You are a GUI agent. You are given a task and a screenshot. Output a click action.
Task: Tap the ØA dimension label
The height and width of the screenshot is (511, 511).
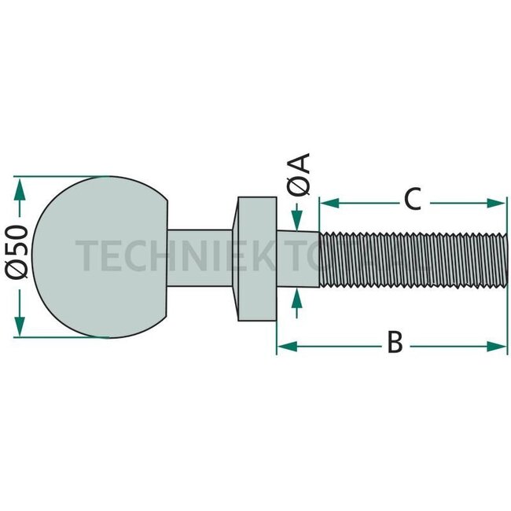(300, 174)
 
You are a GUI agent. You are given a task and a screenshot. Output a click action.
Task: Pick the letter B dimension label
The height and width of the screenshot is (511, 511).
(395, 344)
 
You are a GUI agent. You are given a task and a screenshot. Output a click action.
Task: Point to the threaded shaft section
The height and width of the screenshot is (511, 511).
(413, 257)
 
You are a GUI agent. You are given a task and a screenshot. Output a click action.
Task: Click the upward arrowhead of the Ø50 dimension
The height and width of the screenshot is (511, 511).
(20, 186)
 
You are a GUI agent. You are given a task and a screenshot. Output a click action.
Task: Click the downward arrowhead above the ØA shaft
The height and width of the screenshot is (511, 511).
(296, 218)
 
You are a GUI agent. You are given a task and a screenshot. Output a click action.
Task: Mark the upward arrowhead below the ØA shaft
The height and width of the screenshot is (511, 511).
(296, 296)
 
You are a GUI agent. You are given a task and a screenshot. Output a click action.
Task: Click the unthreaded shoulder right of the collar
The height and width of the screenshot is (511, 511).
(298, 257)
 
